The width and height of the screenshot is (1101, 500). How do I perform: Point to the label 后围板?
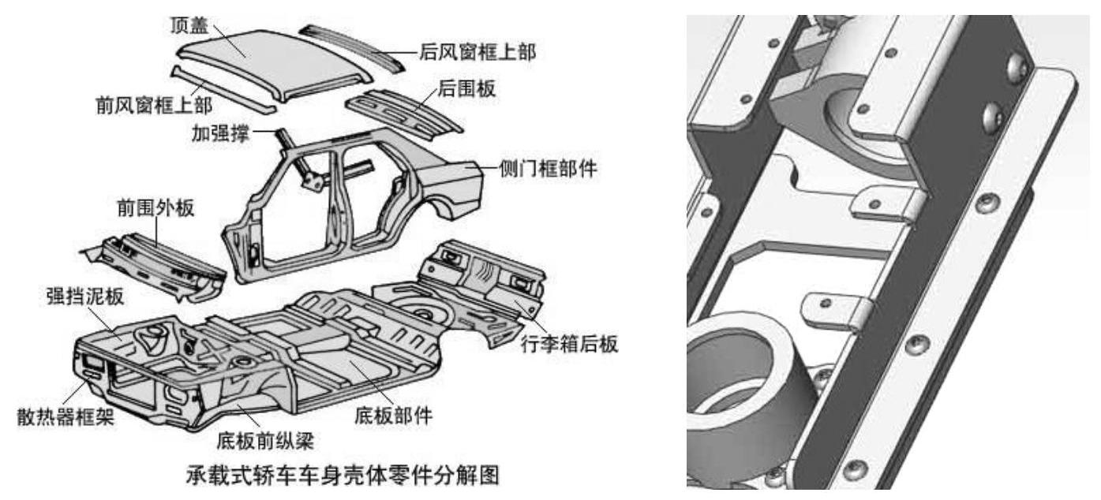pos(469,88)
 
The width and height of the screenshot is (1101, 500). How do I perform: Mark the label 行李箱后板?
pos(570,344)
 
